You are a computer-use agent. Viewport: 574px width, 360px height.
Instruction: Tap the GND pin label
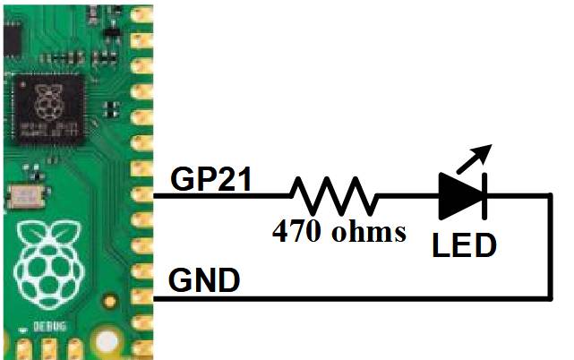pyautogui.click(x=204, y=281)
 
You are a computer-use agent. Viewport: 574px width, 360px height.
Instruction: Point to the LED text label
pyautogui.click(x=463, y=244)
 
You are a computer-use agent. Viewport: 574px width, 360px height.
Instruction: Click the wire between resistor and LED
pyautogui.click(x=407, y=195)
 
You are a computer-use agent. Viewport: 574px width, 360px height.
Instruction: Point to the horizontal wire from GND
pyautogui.click(x=358, y=298)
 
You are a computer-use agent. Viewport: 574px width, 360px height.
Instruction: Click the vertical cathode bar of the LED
pyautogui.click(x=484, y=195)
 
